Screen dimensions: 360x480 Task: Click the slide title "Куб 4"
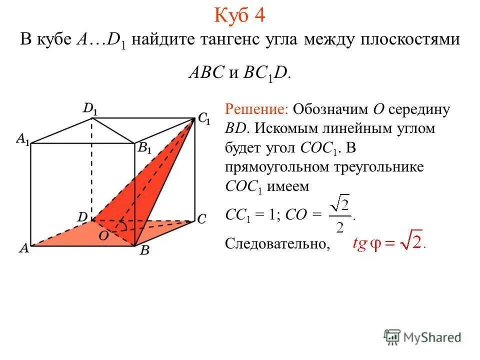239,15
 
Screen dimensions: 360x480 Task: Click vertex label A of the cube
23,248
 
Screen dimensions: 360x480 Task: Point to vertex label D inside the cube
82,216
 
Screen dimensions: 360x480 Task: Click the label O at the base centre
103,235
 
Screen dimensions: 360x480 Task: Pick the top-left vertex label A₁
22,140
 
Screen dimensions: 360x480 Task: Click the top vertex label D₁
90,108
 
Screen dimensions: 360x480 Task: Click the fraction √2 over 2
340,213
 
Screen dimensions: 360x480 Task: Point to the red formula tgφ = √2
388,243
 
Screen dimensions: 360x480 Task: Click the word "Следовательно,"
278,243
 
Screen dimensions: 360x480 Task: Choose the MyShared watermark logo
422,337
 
